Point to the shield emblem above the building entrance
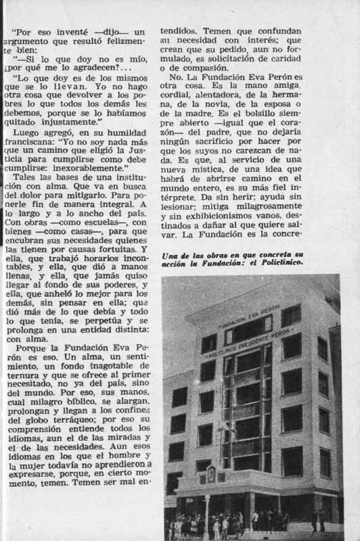212,473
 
